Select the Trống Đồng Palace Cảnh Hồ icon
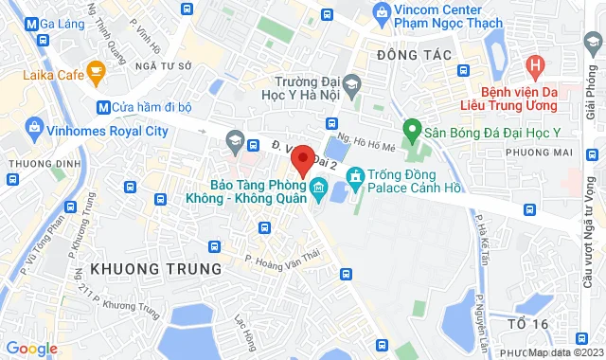pos(355,176)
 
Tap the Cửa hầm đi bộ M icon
pos(103,107)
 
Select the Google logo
pos(30,348)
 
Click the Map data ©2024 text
pos(564,352)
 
